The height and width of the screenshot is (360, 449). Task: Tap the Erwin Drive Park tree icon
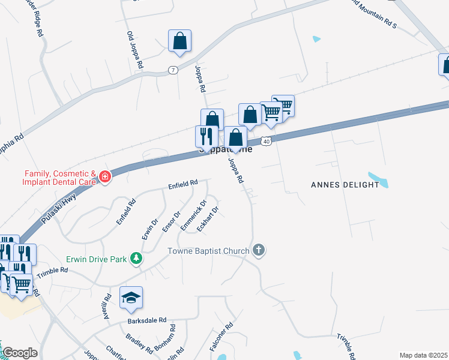[x=137, y=259]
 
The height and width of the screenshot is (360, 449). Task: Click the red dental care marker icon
[x=105, y=177]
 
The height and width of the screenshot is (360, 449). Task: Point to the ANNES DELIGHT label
[x=345, y=185]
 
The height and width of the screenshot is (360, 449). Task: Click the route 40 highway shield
[x=267, y=140]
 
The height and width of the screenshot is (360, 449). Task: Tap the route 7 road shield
[x=173, y=70]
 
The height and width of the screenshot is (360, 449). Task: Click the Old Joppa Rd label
[x=134, y=49]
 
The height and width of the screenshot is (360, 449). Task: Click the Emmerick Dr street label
[x=193, y=218]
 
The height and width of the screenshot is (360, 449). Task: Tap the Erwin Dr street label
[x=150, y=229]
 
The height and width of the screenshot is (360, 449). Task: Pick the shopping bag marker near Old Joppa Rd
[x=179, y=41]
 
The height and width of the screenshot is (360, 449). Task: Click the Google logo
[x=20, y=353]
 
